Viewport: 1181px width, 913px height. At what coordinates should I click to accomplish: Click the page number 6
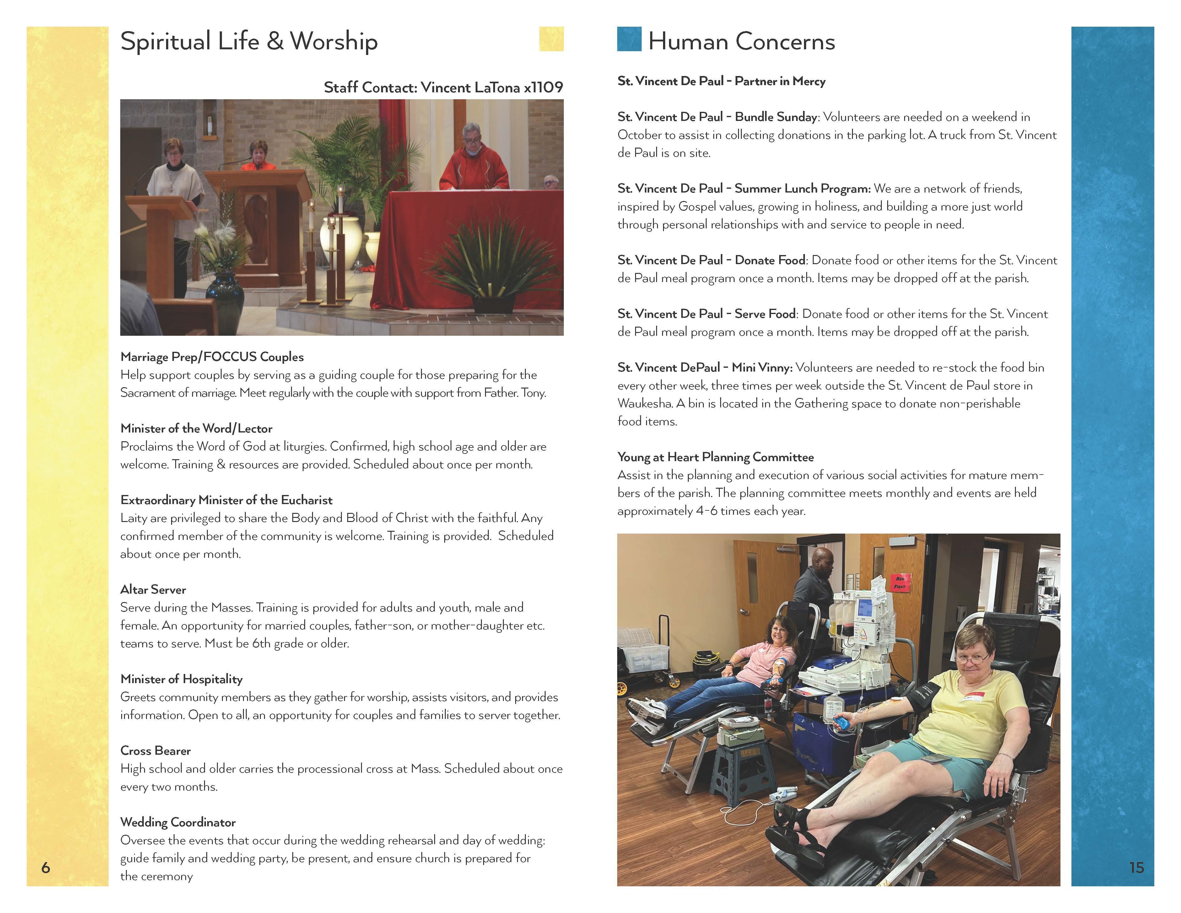[x=46, y=867]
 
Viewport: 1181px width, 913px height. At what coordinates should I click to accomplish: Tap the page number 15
[x=1136, y=867]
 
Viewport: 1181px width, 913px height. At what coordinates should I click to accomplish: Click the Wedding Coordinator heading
[x=178, y=822]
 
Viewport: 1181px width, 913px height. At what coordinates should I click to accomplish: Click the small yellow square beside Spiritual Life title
[x=551, y=39]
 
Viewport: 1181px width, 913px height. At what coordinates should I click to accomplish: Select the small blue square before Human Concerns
[x=629, y=39]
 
